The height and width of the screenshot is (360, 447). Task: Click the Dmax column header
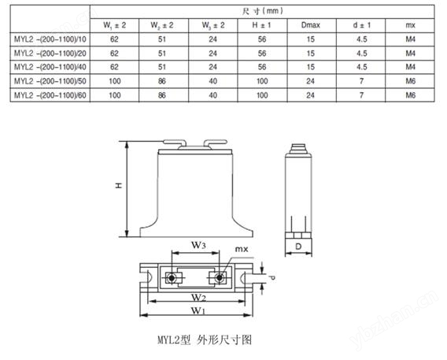310,25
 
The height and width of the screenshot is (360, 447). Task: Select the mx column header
410,25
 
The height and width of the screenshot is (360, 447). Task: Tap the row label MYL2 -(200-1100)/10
50,39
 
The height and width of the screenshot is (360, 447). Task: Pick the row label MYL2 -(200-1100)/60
50,95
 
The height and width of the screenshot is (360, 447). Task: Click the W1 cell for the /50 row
115,81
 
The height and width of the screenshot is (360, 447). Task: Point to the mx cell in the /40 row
411,67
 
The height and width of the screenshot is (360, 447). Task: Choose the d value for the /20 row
362,54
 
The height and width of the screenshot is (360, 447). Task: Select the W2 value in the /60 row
162,95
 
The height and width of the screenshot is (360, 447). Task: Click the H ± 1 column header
262,25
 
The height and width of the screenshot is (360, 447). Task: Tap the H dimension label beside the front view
119,185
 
